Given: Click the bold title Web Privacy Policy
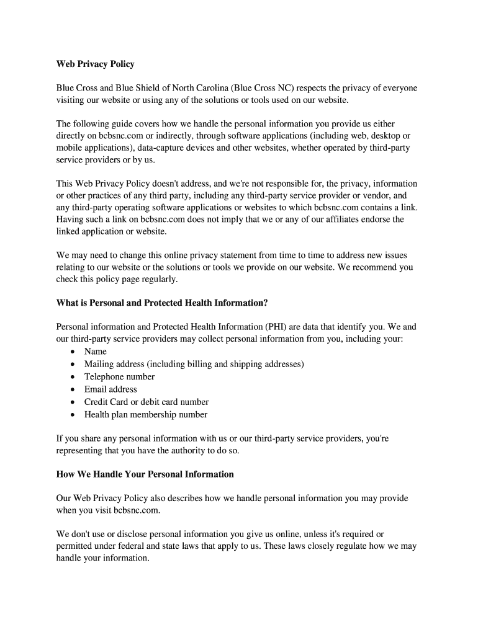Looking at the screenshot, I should (x=95, y=64).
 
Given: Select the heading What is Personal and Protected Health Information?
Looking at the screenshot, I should (x=162, y=303).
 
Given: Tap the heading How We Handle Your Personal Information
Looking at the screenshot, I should (x=145, y=474).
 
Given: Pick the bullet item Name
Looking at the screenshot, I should (x=96, y=352).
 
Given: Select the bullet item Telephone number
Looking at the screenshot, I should (x=119, y=377).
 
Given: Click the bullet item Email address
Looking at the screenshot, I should (x=110, y=389).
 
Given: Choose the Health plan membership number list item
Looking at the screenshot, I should (x=146, y=415).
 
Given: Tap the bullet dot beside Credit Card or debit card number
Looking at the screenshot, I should (x=73, y=402).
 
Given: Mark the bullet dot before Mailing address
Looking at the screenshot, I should (x=73, y=365).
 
